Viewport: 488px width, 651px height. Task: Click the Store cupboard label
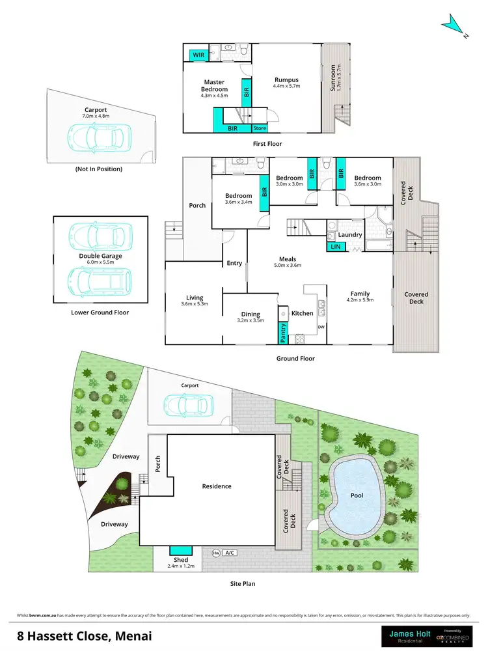click(x=260, y=128)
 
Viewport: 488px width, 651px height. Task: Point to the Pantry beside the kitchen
click(x=283, y=333)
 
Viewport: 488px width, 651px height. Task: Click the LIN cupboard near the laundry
click(x=335, y=246)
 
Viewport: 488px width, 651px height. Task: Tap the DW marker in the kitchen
click(x=321, y=327)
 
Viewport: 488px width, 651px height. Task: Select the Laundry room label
click(x=350, y=234)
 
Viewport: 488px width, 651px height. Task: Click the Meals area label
click(x=288, y=258)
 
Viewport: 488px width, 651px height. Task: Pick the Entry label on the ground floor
click(x=234, y=263)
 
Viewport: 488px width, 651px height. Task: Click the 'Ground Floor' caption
click(x=295, y=358)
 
